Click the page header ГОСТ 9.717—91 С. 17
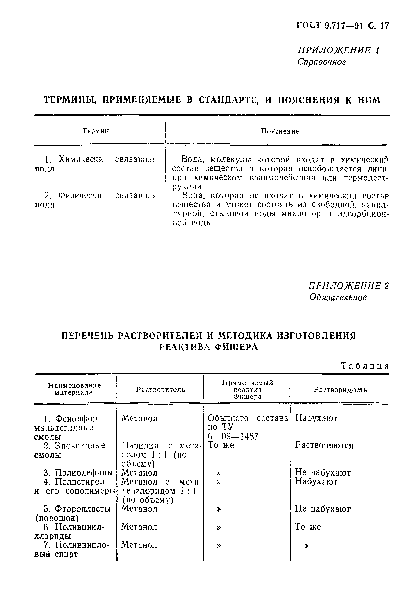[343, 26]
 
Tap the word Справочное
[322, 62]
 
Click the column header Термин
[95, 131]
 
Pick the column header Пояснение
[280, 131]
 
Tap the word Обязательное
[338, 297]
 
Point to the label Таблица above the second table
[365, 366]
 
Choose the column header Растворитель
[161, 389]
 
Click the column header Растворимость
[340, 390]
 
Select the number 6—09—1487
[233, 436]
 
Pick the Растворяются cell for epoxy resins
[324, 445]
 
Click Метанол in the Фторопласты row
[140, 508]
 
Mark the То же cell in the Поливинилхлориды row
[308, 527]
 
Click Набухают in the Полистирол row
[316, 481]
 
